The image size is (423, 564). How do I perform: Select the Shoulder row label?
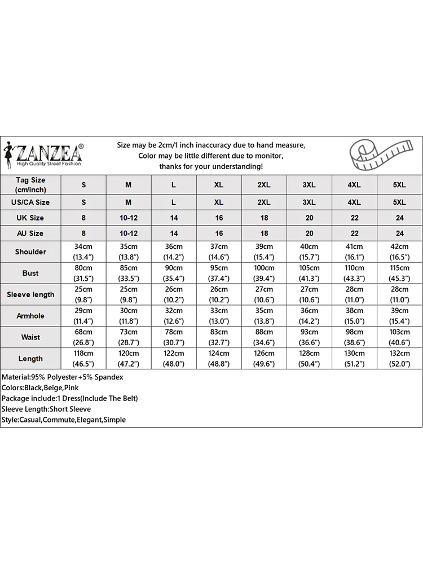coord(30,252)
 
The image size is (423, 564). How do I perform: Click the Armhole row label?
coord(30,316)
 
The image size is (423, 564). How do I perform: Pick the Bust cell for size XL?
coord(219,273)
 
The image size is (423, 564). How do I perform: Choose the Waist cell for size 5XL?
coord(399,337)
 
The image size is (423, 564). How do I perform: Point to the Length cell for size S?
coord(83,359)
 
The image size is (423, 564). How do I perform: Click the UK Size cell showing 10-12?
coord(129,218)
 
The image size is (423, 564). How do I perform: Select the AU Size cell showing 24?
coord(399,233)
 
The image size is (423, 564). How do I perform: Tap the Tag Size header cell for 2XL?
coord(264,185)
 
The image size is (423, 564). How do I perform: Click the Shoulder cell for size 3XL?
coord(309,252)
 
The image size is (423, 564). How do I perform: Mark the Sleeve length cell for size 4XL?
coord(354,294)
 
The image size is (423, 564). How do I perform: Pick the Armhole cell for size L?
coord(174,316)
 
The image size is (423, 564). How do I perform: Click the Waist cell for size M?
coord(129,337)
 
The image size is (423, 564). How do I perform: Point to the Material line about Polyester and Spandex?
coord(63,377)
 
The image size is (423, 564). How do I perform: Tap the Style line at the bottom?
coord(64,420)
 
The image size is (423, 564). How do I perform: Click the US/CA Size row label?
coord(30,202)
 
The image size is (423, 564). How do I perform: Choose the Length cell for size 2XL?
coord(264,359)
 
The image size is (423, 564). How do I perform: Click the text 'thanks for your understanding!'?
coord(211,166)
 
